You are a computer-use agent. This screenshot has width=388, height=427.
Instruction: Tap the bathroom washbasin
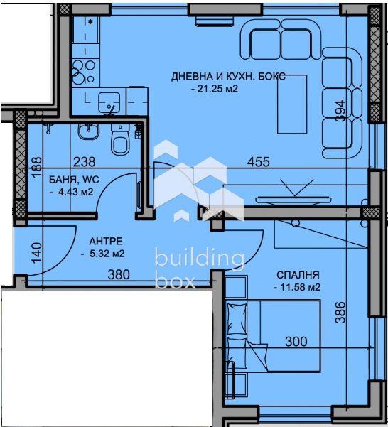89,130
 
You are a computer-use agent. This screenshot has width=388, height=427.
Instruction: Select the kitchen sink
110,100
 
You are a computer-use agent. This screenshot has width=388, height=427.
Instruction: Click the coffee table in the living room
291,104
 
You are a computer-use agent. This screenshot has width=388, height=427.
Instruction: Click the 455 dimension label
258,162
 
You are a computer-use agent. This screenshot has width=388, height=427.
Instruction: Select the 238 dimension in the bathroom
84,162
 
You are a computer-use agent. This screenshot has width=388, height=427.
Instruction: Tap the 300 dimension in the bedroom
295,342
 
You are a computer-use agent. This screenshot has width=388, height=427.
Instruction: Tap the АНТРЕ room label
103,240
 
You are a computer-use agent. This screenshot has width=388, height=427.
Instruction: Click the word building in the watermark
199,259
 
